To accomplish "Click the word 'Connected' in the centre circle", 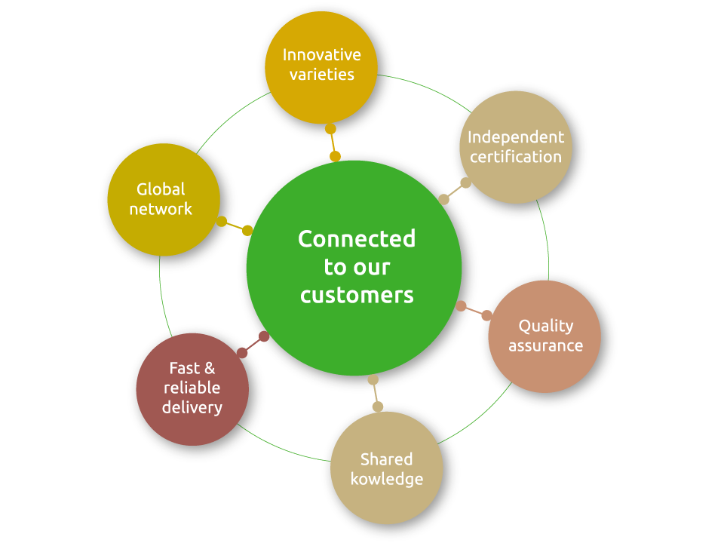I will tap(357, 239).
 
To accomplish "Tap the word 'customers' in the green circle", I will tap(357, 295).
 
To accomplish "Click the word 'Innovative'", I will tap(321, 54).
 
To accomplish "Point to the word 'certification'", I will tap(516, 157).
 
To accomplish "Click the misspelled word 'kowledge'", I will tap(386, 479).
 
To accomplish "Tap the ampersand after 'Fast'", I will tap(209, 368).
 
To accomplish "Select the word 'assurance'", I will tap(545, 345).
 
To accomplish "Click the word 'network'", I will tap(161, 209).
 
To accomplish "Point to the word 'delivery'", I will tap(192, 408).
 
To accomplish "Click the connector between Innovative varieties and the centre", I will tap(333, 143).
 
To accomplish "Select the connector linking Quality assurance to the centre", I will tap(474, 310).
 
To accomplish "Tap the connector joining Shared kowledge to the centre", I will tap(375, 393).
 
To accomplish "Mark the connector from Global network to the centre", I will tap(235, 225).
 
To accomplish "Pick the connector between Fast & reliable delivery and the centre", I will tap(253, 345).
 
